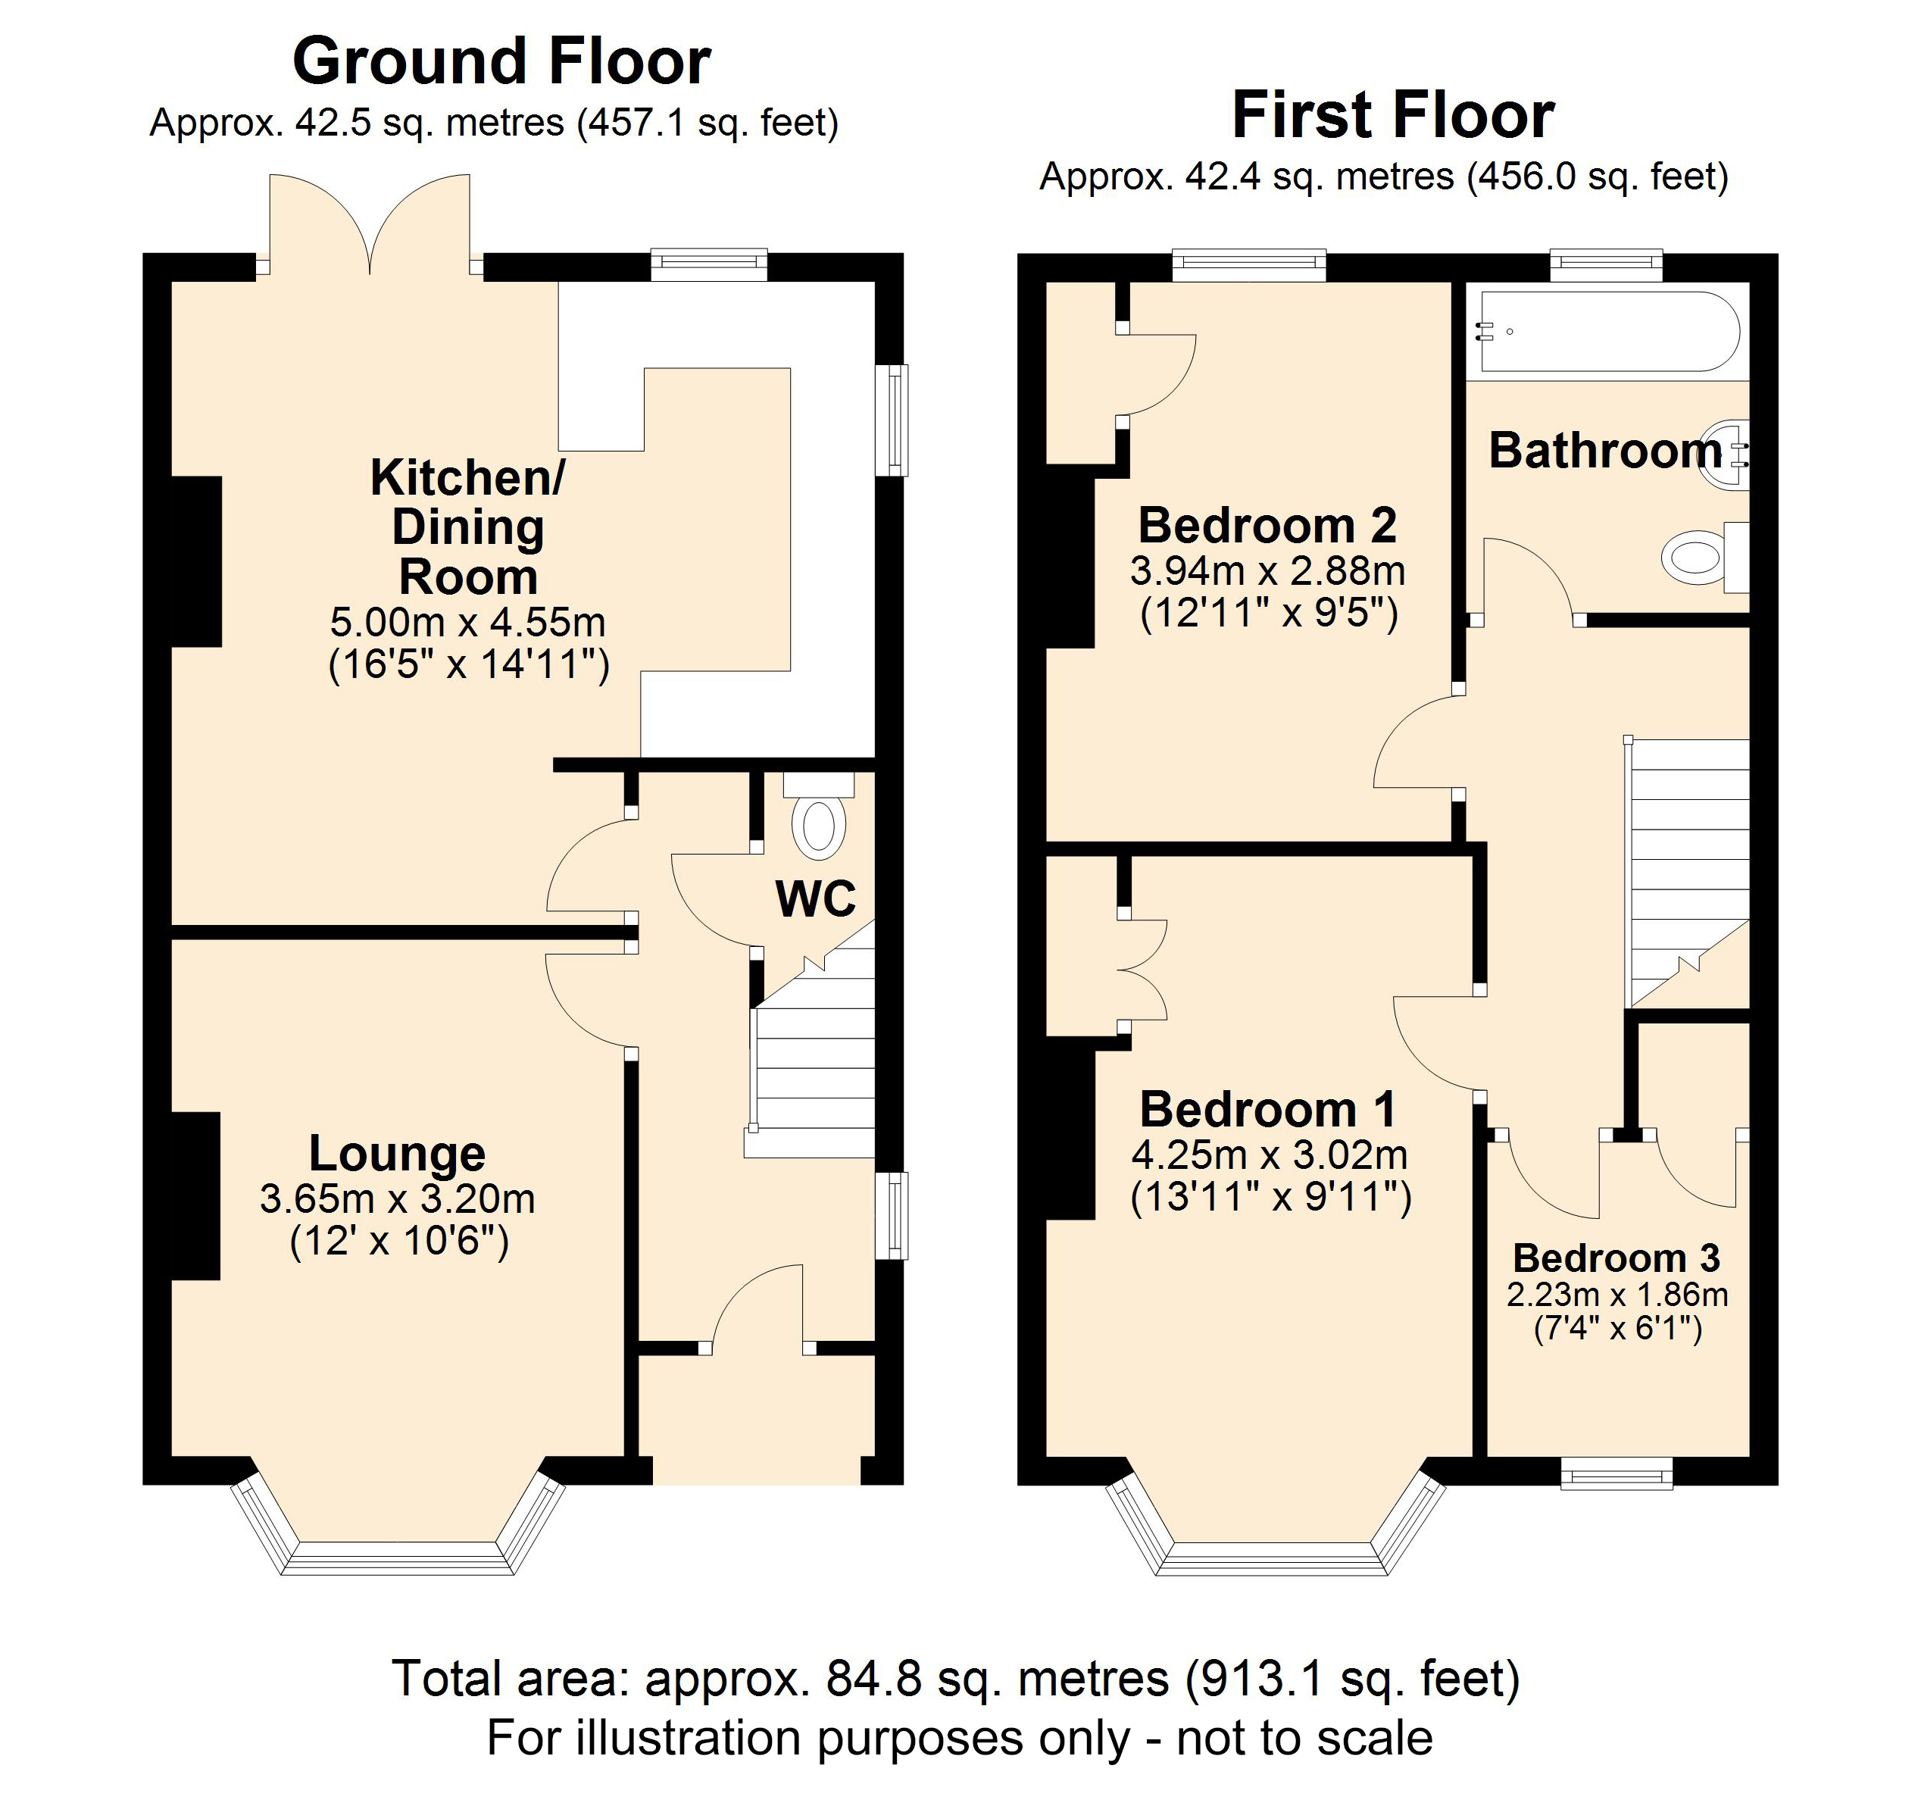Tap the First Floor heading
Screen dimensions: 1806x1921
(x=1392, y=116)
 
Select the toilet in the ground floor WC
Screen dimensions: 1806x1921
(x=818, y=821)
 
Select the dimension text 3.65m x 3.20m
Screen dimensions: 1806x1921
(x=397, y=1198)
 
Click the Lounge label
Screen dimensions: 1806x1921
(x=397, y=1153)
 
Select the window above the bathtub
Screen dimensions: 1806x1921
(x=1606, y=265)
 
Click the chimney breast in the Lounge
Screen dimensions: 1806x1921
(x=196, y=1195)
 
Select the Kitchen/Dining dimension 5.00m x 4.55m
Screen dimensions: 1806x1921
(x=467, y=622)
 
